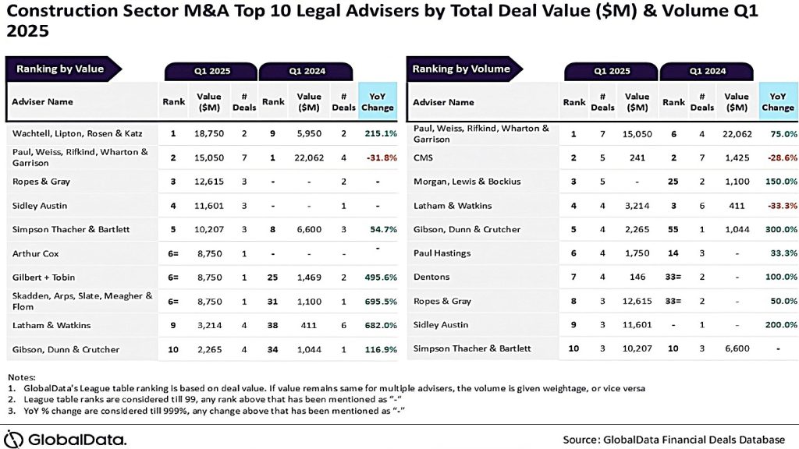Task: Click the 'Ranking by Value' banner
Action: [60, 69]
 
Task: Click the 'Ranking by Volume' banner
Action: [461, 69]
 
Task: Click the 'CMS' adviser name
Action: [424, 157]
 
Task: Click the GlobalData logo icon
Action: [15, 438]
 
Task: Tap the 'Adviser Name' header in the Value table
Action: [42, 101]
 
